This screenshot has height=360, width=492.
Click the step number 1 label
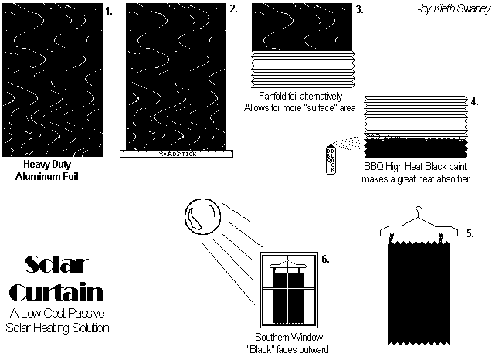pos(109,12)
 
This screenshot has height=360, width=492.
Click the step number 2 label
pos(232,10)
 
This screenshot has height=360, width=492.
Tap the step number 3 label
pos(358,10)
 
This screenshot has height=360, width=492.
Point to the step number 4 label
pos(474,101)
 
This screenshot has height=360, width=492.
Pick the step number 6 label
pos(325,259)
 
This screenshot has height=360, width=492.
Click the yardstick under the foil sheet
pos(177,153)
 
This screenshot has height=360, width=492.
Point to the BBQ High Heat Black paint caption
pos(416,172)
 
